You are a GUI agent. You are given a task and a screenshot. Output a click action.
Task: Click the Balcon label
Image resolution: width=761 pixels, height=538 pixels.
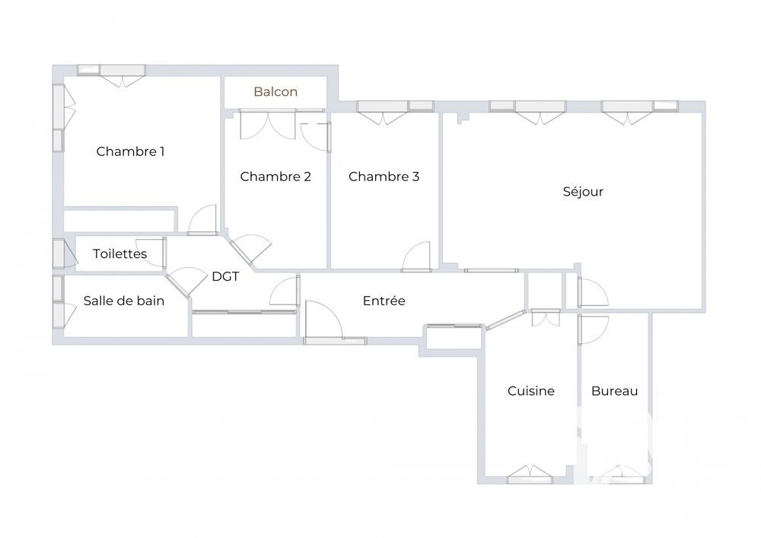[275, 92]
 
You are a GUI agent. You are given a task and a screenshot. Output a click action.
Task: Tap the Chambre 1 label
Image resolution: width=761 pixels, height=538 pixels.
[130, 151]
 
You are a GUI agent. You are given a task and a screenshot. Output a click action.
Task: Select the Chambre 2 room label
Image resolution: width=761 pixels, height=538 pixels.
[275, 177]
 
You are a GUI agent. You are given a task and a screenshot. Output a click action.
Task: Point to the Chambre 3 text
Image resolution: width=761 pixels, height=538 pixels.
[384, 177]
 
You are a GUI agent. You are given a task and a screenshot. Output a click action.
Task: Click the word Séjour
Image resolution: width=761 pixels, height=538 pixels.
[583, 192]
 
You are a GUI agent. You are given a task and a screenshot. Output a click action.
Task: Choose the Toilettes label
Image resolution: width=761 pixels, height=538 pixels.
[119, 253]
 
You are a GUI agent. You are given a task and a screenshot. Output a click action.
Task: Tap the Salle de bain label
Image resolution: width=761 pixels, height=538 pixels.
[123, 301]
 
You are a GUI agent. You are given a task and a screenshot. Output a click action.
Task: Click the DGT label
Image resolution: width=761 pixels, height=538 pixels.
[225, 277]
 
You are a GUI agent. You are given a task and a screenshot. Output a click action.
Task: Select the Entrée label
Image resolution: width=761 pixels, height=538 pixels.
[384, 301]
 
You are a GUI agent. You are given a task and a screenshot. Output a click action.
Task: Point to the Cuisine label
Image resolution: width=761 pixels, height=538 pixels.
[531, 391]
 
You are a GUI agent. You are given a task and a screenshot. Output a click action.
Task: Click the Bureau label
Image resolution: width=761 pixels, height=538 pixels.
[614, 391]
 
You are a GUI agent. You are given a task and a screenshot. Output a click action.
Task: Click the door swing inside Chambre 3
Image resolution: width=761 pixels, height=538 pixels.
[417, 256]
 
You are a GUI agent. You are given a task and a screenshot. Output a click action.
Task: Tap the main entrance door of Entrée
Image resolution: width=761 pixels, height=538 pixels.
[323, 322]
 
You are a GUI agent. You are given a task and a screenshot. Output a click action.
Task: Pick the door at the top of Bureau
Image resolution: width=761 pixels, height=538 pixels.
[591, 327]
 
